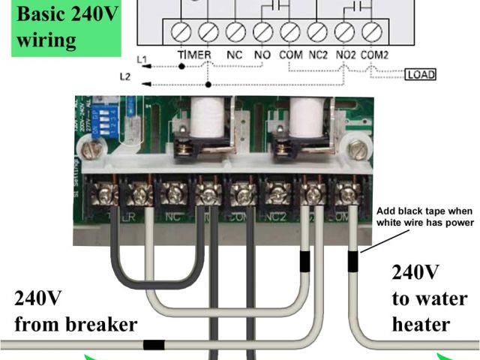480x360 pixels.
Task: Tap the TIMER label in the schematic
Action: [195, 55]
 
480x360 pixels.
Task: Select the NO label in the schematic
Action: [263, 55]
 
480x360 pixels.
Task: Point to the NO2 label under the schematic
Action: [346, 55]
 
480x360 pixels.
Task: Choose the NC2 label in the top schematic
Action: [317, 55]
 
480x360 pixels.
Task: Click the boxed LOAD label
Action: [420, 74]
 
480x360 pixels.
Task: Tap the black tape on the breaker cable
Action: [154, 346]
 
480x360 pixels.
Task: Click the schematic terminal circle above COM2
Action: [372, 32]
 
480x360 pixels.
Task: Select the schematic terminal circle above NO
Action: [262, 32]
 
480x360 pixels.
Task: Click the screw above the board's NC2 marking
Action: [276, 196]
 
